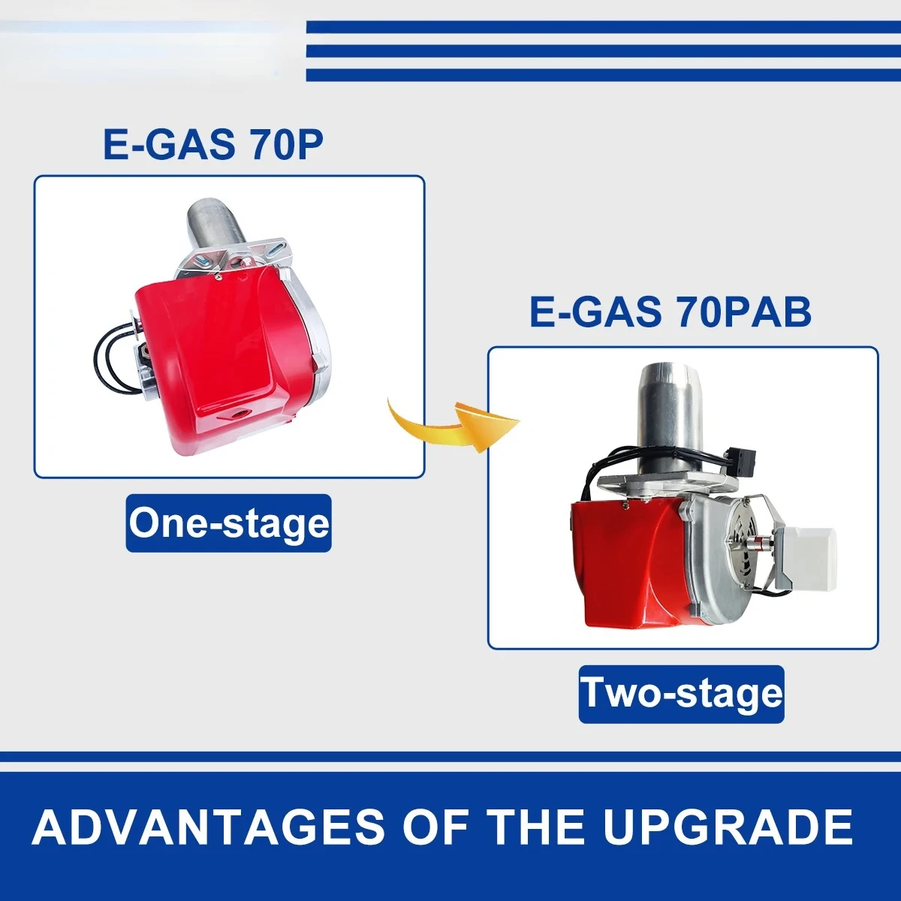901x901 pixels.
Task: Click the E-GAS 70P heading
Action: point(213,144)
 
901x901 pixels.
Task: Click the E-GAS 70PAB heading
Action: point(670,312)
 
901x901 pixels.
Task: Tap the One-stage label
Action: point(228,523)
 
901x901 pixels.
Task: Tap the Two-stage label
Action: point(681,694)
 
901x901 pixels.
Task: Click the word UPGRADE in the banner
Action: point(727,827)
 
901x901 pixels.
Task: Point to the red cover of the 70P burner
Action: point(225,338)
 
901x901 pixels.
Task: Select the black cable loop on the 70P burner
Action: point(113,360)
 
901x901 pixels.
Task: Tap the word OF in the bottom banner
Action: point(435,827)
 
